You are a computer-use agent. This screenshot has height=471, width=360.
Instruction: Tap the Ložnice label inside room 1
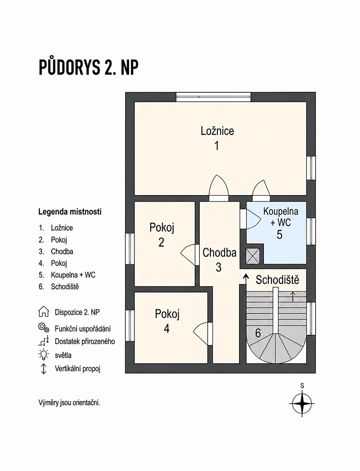click(x=217, y=131)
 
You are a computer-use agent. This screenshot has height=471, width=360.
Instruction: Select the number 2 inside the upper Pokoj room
click(x=161, y=243)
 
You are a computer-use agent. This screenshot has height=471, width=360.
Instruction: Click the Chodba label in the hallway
click(x=219, y=252)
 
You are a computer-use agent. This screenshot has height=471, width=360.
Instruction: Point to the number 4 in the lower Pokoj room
click(x=167, y=329)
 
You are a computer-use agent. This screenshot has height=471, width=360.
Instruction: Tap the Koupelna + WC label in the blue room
click(x=281, y=217)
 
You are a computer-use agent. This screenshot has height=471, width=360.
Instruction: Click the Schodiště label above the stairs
click(x=278, y=280)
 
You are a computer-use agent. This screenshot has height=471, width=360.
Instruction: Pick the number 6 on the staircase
click(x=258, y=333)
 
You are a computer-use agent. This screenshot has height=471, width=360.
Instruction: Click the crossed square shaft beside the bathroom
click(x=253, y=256)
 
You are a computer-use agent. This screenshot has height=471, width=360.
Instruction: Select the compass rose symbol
click(x=302, y=403)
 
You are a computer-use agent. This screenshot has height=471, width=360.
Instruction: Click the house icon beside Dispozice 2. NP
click(x=44, y=311)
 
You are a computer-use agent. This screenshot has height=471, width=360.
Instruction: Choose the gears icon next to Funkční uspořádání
click(x=44, y=328)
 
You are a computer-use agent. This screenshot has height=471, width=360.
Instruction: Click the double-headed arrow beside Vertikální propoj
click(x=44, y=369)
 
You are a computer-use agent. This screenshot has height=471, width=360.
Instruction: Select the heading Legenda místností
click(x=70, y=212)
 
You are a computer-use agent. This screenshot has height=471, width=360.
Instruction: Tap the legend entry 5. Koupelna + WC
click(x=67, y=275)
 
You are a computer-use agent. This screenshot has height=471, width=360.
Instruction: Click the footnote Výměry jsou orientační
click(x=69, y=403)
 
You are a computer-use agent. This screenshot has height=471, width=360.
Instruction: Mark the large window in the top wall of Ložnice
click(x=213, y=97)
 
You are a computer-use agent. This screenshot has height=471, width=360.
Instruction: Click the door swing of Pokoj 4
click(x=200, y=334)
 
